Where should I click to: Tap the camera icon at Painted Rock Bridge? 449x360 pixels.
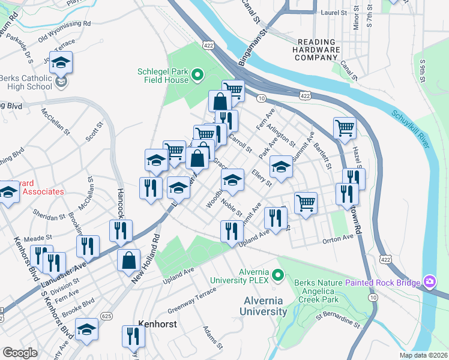click(429, 281)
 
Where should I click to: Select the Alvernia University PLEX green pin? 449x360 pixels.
click(277, 275)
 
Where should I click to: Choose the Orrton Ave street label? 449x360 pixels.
click(339, 238)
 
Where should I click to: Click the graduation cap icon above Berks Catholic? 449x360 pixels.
click(61, 62)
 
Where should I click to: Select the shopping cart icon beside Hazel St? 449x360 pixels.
click(345, 127)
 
